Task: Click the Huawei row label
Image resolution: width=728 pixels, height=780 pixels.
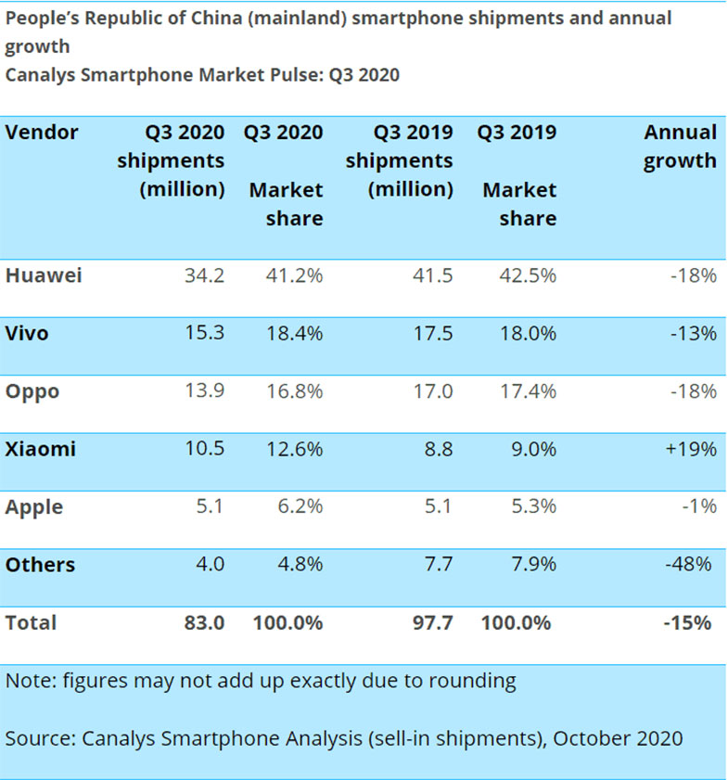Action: [44, 275]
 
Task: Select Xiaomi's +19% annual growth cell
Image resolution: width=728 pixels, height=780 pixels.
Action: [691, 449]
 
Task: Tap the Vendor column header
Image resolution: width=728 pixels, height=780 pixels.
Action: [42, 132]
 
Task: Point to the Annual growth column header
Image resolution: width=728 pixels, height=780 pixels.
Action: [680, 146]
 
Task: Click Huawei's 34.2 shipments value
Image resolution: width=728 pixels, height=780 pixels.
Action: [204, 275]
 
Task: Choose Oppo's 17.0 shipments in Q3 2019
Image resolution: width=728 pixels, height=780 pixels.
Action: [433, 390]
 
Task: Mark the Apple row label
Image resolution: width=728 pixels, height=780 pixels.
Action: [34, 506]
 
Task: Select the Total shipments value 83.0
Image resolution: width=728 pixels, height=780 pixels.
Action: [203, 622]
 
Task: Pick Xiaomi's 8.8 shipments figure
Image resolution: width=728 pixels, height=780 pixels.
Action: [438, 449]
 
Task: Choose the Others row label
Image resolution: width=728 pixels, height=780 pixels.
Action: [40, 564]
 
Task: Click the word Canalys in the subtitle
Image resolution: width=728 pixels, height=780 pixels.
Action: [42, 75]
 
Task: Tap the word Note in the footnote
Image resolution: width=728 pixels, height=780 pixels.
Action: [28, 681]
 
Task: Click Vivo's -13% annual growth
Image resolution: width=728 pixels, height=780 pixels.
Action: [693, 333]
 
